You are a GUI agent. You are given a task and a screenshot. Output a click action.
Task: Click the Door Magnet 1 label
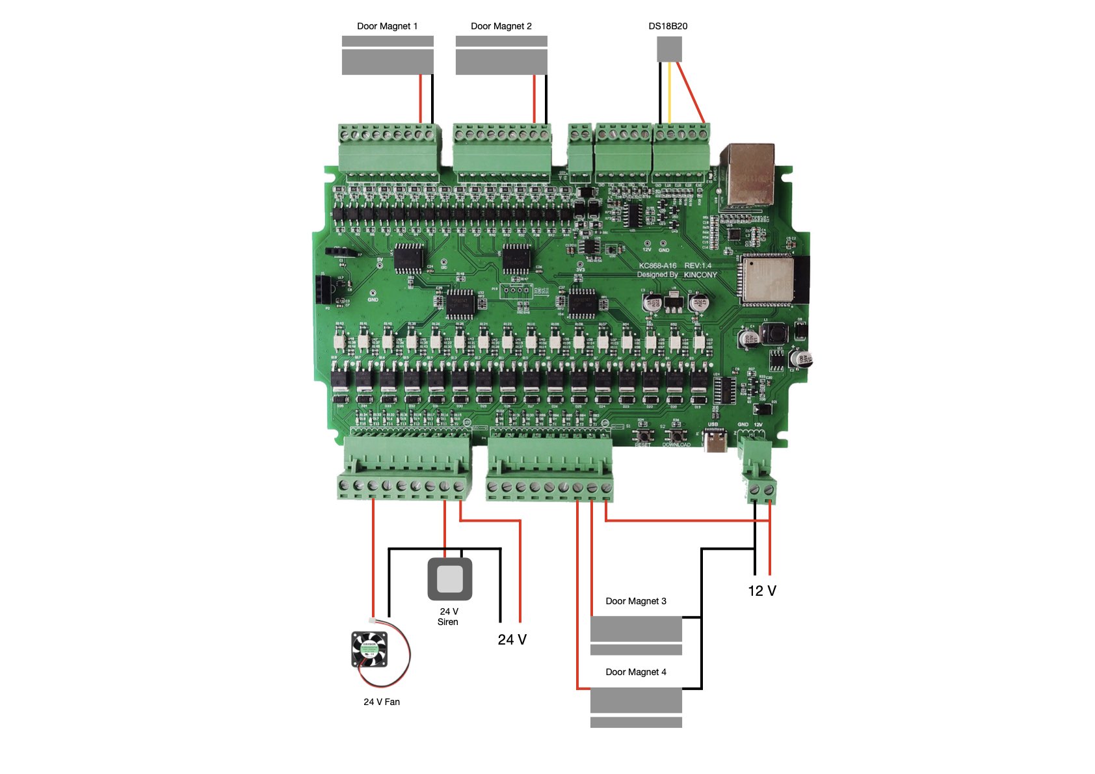(387, 26)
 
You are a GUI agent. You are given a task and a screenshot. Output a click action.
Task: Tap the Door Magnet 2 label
(501, 26)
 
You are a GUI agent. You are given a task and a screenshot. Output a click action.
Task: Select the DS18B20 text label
(668, 26)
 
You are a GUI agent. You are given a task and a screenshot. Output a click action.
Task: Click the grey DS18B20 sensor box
(669, 49)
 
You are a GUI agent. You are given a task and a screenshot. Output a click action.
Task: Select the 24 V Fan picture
(369, 649)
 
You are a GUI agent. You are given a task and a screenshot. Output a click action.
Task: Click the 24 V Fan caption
(382, 702)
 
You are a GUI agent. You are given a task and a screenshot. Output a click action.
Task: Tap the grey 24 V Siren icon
(449, 579)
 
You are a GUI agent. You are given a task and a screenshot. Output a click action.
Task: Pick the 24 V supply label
(512, 640)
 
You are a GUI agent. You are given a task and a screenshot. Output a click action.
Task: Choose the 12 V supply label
(762, 591)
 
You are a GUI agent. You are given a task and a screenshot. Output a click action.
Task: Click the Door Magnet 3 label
(635, 601)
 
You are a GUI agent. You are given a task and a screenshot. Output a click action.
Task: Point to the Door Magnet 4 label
(635, 672)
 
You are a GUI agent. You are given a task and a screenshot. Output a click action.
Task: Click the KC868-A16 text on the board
(657, 265)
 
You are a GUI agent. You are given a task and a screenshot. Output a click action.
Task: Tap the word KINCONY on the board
(700, 275)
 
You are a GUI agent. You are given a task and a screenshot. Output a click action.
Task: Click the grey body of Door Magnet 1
(388, 62)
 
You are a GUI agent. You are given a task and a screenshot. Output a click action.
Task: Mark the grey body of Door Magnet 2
(501, 62)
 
